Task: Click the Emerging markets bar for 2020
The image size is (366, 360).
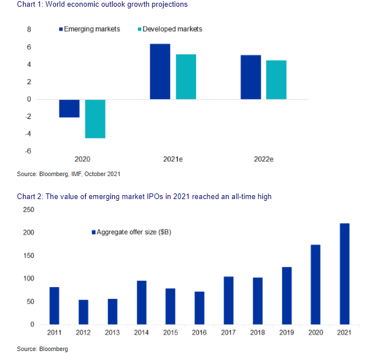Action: pyautogui.click(x=70, y=108)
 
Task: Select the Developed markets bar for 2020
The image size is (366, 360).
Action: pyautogui.click(x=95, y=118)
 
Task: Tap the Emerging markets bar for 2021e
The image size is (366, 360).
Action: pyautogui.click(x=160, y=71)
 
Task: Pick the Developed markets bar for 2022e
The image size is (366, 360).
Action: pyautogui.click(x=276, y=80)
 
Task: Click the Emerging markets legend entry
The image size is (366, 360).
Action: pyautogui.click(x=90, y=29)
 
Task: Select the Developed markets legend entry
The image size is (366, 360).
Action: pyautogui.click(x=169, y=29)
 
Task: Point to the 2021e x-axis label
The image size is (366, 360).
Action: pyautogui.click(x=173, y=159)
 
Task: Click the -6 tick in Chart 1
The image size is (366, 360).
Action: pyautogui.click(x=27, y=151)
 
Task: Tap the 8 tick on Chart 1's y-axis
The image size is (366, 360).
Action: pyautogui.click(x=29, y=29)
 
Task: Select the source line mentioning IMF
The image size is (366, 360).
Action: pyautogui.click(x=68, y=174)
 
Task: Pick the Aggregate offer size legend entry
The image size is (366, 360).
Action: pyautogui.click(x=131, y=232)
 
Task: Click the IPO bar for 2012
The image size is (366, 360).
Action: pyautogui.click(x=83, y=312)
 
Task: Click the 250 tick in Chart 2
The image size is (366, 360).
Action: pyautogui.click(x=28, y=210)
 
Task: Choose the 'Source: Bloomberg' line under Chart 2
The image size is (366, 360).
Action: pyautogui.click(x=43, y=349)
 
